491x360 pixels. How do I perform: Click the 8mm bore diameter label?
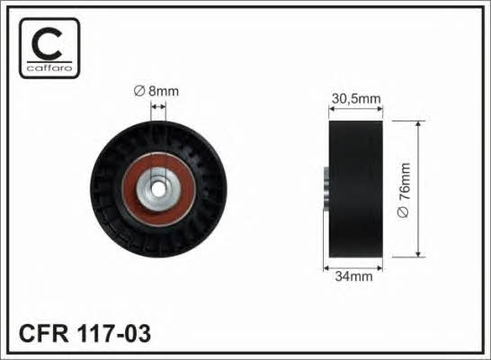coord(156,91)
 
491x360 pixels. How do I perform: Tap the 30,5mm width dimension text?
coord(356,99)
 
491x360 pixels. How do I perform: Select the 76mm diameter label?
coord(404,190)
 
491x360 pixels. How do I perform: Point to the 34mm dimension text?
coord(353,276)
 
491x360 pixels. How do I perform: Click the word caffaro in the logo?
coord(49,67)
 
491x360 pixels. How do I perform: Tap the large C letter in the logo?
coord(48,44)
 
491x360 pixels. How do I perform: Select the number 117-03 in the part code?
coord(113,333)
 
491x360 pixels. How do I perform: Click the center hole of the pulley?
coord(158,189)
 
